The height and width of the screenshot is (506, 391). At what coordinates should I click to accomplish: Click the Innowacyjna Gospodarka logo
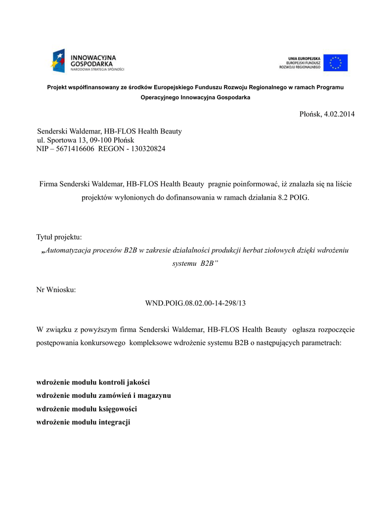pyautogui.click(x=87, y=61)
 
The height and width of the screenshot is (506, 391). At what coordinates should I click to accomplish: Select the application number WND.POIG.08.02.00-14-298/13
pyautogui.click(x=195, y=302)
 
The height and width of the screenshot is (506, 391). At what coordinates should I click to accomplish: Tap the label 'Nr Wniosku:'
pyautogui.click(x=56, y=289)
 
